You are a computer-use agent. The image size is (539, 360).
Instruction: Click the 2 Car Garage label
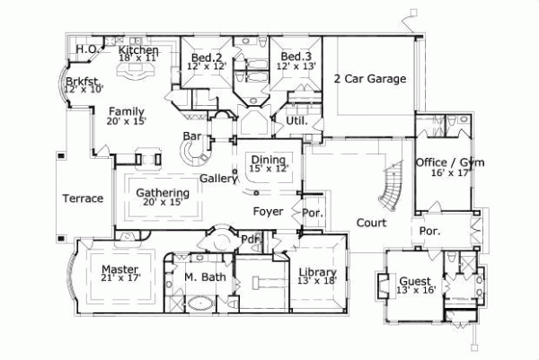coord(369,79)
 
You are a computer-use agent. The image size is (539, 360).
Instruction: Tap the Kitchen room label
coord(139,50)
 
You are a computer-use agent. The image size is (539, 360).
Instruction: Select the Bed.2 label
coord(205,57)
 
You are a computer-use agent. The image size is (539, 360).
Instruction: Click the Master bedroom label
coord(119,269)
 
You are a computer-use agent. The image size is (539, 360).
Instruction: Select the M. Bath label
coord(207,277)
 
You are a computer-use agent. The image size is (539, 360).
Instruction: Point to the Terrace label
coord(82,198)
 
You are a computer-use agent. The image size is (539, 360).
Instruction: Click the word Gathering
coord(162,193)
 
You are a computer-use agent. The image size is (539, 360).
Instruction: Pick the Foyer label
coord(269,212)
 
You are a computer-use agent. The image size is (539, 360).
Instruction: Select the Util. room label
coord(296,119)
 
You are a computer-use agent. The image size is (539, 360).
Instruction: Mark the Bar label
coord(191,136)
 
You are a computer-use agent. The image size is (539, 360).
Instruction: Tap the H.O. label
coord(86,48)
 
